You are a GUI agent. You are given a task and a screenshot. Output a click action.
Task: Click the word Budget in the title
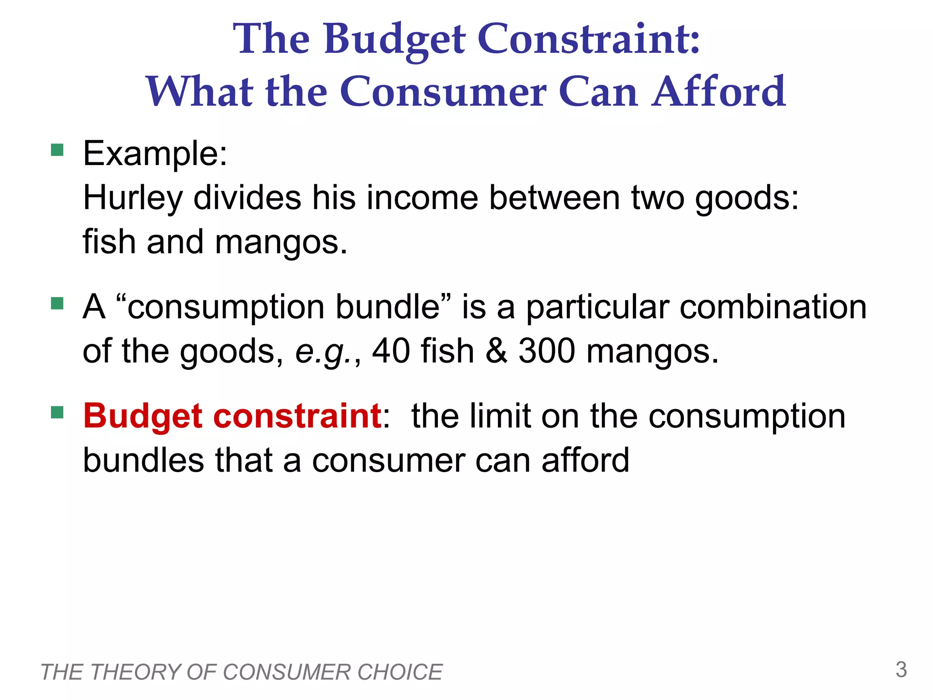pos(395,40)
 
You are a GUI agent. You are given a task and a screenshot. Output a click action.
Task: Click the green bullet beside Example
pos(57,150)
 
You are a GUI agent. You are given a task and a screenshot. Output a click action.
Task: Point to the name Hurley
pos(133,199)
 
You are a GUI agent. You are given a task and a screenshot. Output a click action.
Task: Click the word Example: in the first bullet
pos(155,154)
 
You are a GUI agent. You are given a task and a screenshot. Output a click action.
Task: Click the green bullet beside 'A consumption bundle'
pos(57,303)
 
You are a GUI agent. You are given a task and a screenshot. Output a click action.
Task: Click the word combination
pos(773,307)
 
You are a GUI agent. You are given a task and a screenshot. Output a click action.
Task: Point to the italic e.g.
pos(324,352)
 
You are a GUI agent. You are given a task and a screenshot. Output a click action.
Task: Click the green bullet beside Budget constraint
pos(57,412)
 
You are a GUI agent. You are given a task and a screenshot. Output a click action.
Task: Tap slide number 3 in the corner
pos(901,670)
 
